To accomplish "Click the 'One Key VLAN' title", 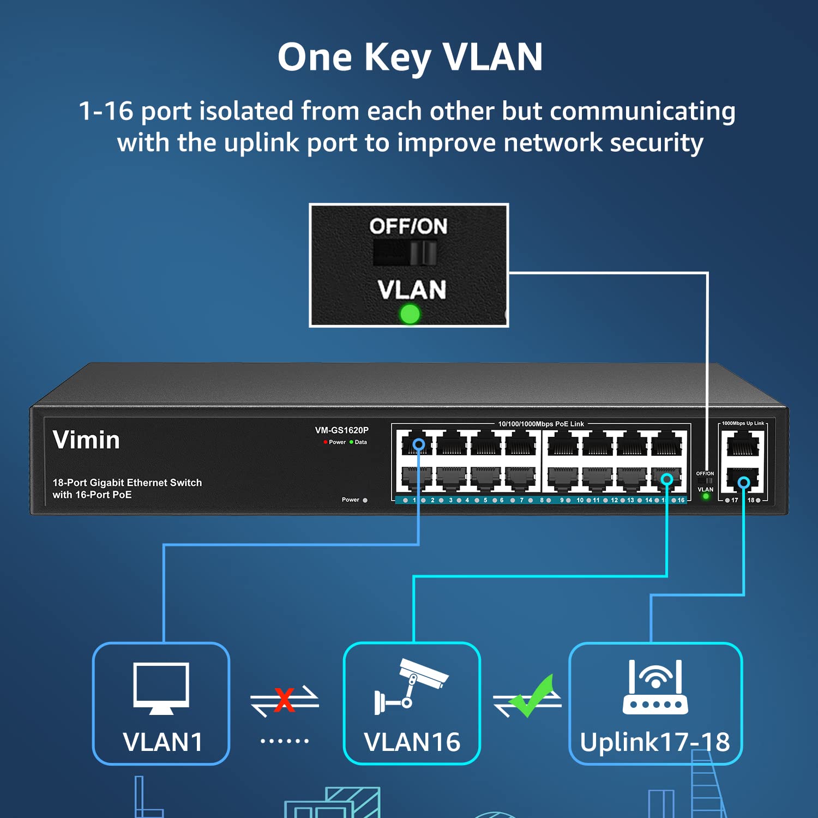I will tap(410, 57).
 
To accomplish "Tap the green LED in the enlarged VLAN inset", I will tap(410, 314).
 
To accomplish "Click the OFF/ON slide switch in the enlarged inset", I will tap(405, 253).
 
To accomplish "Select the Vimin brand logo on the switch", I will tap(86, 440).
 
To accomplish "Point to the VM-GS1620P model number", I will tap(341, 430).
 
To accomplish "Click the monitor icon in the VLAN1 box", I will tap(161, 688).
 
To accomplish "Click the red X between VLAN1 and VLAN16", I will tap(284, 700).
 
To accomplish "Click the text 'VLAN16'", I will tap(412, 742).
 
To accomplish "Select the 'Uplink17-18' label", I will tap(654, 742).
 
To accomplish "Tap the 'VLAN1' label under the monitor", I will tap(163, 742).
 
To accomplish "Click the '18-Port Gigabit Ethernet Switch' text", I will tap(127, 483).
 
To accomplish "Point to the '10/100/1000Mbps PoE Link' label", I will tap(541, 424).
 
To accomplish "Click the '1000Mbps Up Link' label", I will tap(743, 423).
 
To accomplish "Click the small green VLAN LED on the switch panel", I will tap(706, 496).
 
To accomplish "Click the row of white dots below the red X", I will tap(285, 741).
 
